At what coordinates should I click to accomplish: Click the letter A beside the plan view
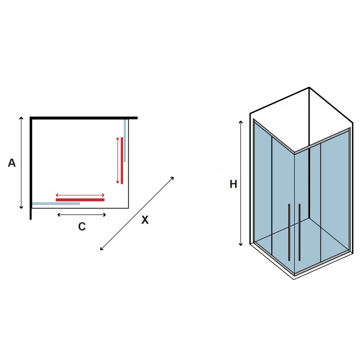12,163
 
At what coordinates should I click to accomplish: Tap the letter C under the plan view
81,227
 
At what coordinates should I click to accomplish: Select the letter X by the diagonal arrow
145,220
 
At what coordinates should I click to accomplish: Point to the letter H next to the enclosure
233,184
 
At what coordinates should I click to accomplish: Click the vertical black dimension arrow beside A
21,162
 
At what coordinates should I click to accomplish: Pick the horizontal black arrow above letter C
82,215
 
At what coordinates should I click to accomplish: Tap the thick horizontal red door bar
80,199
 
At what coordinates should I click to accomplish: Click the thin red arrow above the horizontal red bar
80,195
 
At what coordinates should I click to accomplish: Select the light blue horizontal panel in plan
56,203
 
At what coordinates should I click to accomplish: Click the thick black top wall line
84,118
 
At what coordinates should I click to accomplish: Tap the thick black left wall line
31,166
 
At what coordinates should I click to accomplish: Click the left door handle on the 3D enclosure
289,232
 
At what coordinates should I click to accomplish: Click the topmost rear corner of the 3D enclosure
309,87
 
